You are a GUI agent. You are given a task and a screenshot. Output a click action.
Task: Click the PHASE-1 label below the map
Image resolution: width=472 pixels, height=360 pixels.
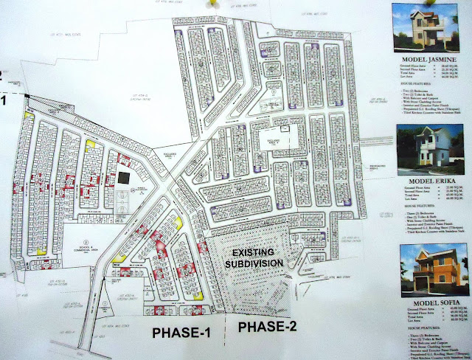coord(181,333)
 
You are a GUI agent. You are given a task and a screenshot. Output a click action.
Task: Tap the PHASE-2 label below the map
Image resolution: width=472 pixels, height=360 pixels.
coord(269,328)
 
